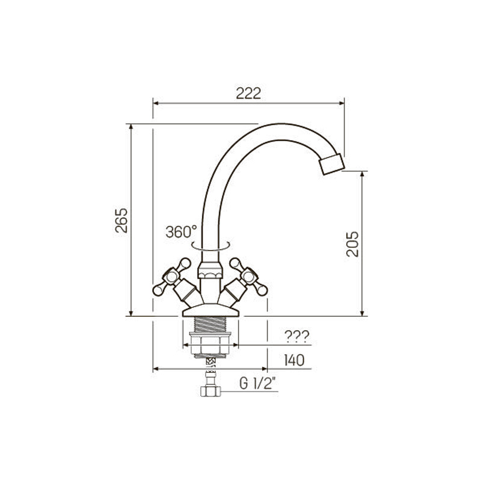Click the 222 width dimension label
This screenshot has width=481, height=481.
(248, 94)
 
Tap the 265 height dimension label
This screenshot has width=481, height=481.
(121, 221)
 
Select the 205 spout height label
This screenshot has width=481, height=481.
(352, 244)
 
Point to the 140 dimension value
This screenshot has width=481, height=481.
(294, 360)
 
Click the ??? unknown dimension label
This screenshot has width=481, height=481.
(297, 337)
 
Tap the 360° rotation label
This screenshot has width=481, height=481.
(182, 231)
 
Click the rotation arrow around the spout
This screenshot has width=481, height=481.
(210, 246)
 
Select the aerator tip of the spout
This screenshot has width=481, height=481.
(332, 164)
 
